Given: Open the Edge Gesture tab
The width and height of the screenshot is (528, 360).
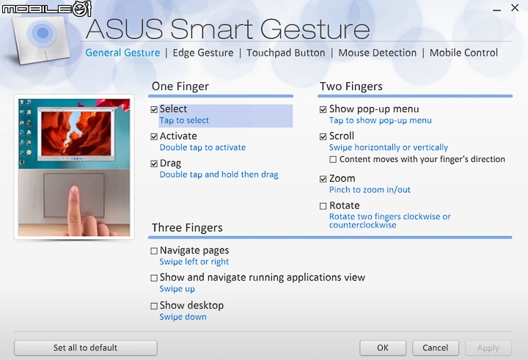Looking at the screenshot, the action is tap(203, 53).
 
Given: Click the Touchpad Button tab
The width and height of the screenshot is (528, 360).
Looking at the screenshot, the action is tap(286, 53).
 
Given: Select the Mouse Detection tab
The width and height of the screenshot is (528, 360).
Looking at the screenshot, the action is tap(378, 53).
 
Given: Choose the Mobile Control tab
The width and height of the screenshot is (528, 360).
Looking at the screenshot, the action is tap(463, 53).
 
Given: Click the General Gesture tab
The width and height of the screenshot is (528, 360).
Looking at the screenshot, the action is tap(122, 53).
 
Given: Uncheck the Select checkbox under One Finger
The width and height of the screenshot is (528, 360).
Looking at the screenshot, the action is tap(154, 109).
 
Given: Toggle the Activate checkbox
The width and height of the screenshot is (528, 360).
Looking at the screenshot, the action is tap(154, 136).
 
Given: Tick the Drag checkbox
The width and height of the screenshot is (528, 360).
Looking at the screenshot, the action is tap(154, 164).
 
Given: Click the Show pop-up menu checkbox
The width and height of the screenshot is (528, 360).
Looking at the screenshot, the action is tap(323, 109).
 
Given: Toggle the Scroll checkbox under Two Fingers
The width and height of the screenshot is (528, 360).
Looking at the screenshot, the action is tap(323, 136).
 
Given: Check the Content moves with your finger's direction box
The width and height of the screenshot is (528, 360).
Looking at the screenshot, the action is tap(333, 159).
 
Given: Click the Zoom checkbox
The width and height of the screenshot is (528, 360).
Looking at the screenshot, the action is tap(323, 179).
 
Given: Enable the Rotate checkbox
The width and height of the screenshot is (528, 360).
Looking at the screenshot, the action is tap(323, 206).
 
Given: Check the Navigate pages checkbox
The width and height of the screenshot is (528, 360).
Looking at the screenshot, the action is tap(154, 251).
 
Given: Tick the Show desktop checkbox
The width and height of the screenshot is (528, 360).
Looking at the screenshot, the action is tap(154, 306).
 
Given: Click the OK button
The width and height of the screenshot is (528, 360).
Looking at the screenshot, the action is tap(383, 348).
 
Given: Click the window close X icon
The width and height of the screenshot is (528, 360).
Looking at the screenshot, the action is tap(515, 8).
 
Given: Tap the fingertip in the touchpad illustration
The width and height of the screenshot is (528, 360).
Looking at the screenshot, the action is tap(75, 191).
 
